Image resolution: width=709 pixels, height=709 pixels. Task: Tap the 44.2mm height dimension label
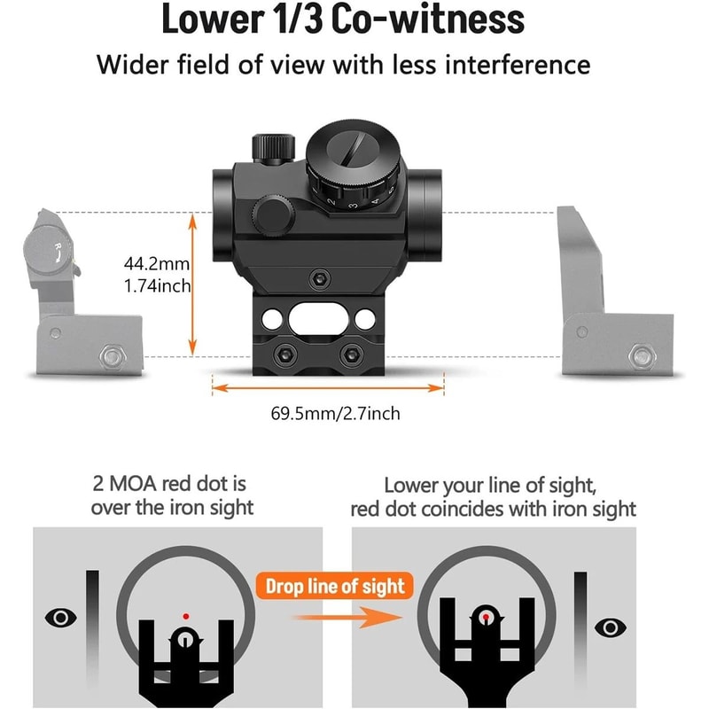(157, 264)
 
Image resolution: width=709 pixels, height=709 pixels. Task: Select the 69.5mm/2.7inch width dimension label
(328, 413)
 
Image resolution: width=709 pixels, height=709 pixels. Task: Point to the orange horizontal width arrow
(328, 387)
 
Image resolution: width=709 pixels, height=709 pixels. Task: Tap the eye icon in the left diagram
(59, 617)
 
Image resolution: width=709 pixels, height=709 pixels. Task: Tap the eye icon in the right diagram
(609, 627)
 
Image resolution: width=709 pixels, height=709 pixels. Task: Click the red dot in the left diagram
(185, 615)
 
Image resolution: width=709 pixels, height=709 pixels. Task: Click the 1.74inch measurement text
(157, 286)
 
